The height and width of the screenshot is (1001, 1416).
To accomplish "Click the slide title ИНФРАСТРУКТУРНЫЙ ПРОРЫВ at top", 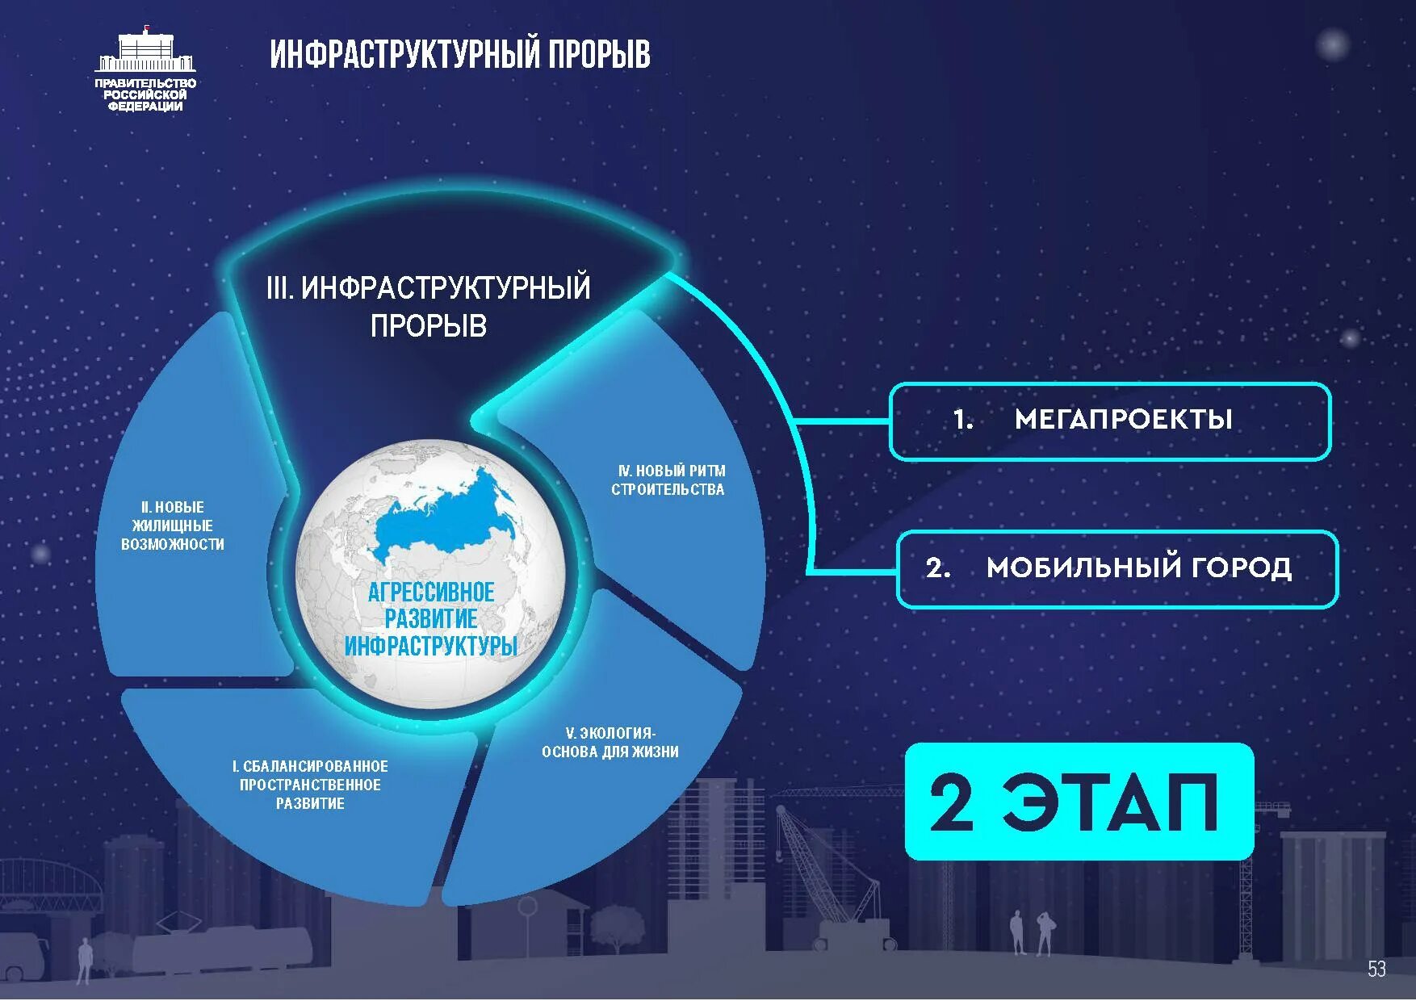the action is click(x=459, y=55).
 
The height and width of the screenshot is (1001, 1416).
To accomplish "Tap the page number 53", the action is click(x=1376, y=969).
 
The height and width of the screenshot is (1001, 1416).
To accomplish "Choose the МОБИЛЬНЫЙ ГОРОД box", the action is click(x=1117, y=568).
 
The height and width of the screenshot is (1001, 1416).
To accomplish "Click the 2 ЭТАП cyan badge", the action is click(x=1079, y=802).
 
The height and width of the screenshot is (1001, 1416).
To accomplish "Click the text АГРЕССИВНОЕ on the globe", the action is click(x=431, y=593).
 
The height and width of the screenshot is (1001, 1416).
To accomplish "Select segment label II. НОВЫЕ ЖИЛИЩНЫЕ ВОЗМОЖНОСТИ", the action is click(x=173, y=526).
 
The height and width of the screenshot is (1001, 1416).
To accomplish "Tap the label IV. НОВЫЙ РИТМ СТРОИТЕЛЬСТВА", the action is click(x=668, y=480).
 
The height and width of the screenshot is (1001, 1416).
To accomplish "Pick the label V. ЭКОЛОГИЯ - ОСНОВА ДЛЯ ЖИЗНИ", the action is click(x=610, y=743).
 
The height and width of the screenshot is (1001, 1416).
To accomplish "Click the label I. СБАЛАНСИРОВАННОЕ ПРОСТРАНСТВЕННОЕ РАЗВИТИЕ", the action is click(x=311, y=785).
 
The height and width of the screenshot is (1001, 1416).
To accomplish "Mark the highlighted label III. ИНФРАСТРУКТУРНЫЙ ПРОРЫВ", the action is click(x=429, y=307).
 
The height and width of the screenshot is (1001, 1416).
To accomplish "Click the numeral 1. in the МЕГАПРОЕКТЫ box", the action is click(x=962, y=420).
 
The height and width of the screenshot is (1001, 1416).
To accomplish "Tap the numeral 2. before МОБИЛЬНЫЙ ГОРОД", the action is click(x=938, y=568).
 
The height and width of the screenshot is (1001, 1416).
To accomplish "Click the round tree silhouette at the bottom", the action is click(x=619, y=924).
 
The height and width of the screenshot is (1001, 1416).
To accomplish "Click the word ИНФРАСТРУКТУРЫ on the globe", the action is click(x=430, y=647).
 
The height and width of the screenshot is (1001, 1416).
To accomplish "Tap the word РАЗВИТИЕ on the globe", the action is click(x=431, y=620).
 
